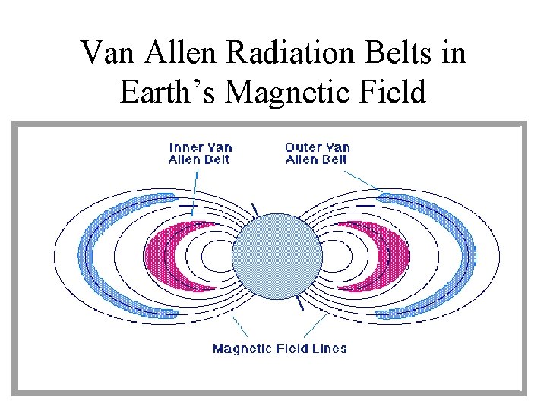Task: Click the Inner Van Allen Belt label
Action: tap(200, 153)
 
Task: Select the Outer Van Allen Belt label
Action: tap(316, 153)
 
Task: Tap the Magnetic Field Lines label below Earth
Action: tap(280, 348)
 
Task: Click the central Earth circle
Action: tap(277, 257)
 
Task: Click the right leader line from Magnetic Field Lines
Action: tap(313, 326)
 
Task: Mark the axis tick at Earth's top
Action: tap(255, 208)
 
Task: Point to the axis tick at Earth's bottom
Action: tap(301, 304)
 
